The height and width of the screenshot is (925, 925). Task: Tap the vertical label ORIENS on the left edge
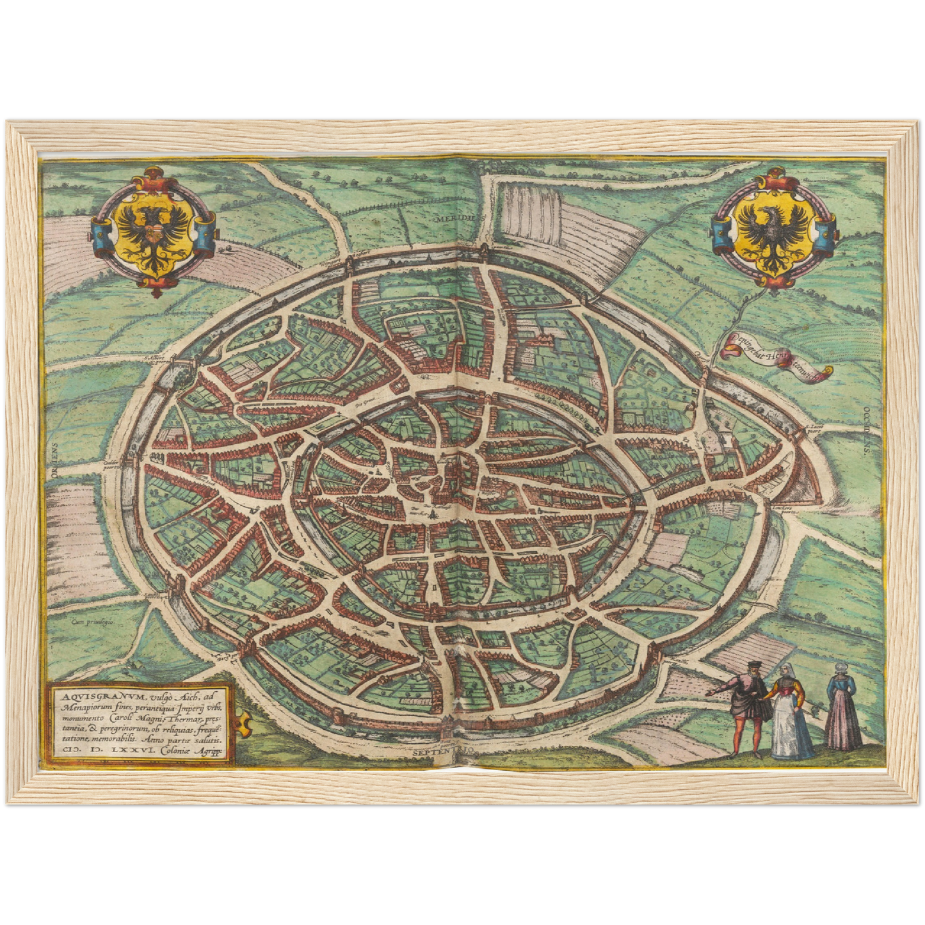click(x=56, y=459)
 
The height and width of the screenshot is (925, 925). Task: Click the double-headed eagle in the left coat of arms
click(x=152, y=233)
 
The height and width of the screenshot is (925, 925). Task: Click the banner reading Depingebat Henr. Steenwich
click(x=776, y=363)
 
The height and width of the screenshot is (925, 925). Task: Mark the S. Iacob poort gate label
click(x=816, y=427)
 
